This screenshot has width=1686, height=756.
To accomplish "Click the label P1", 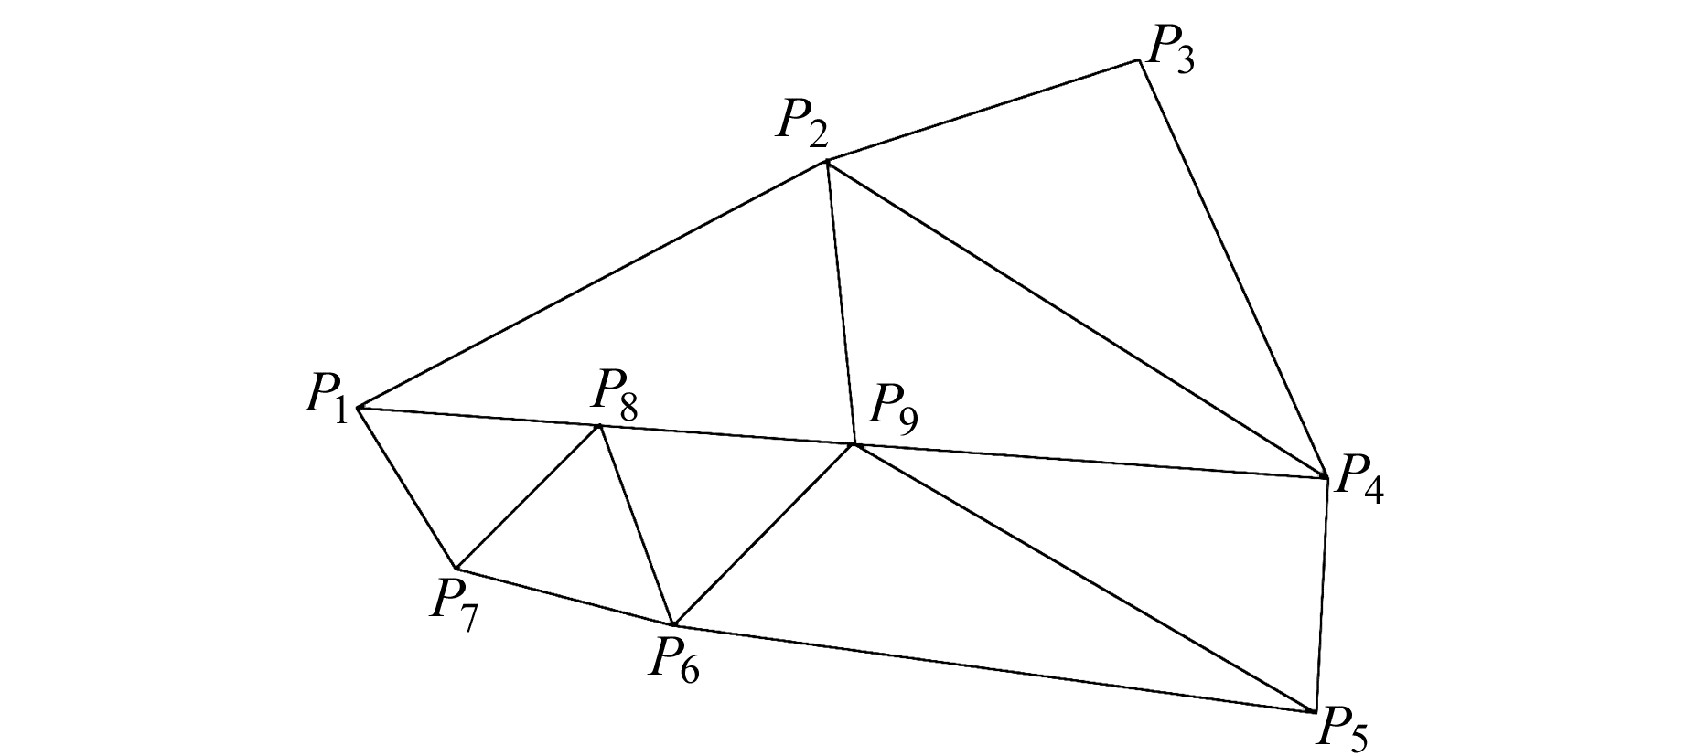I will point(326,399).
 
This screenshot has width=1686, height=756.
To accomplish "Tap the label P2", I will point(802,124).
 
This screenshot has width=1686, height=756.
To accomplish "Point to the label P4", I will point(1358,480).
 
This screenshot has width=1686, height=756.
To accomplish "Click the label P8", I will point(614,395).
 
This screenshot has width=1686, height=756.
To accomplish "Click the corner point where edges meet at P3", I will point(1139,61).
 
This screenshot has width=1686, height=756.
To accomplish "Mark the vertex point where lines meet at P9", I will point(854,445).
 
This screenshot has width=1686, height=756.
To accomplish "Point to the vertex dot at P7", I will point(455,569).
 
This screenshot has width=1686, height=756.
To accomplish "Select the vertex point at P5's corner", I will point(1314,711).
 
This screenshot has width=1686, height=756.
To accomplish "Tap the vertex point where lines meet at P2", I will point(827,162).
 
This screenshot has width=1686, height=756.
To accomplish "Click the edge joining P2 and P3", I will point(983,112).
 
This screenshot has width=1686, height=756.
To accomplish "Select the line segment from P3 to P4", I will point(1232,269).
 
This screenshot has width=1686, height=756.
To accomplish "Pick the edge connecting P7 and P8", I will point(527,497).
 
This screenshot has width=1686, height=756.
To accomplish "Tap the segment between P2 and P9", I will point(841,303).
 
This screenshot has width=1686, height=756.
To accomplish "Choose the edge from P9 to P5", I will point(1084,578).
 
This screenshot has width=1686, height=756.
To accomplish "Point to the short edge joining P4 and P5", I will point(1321,594).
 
